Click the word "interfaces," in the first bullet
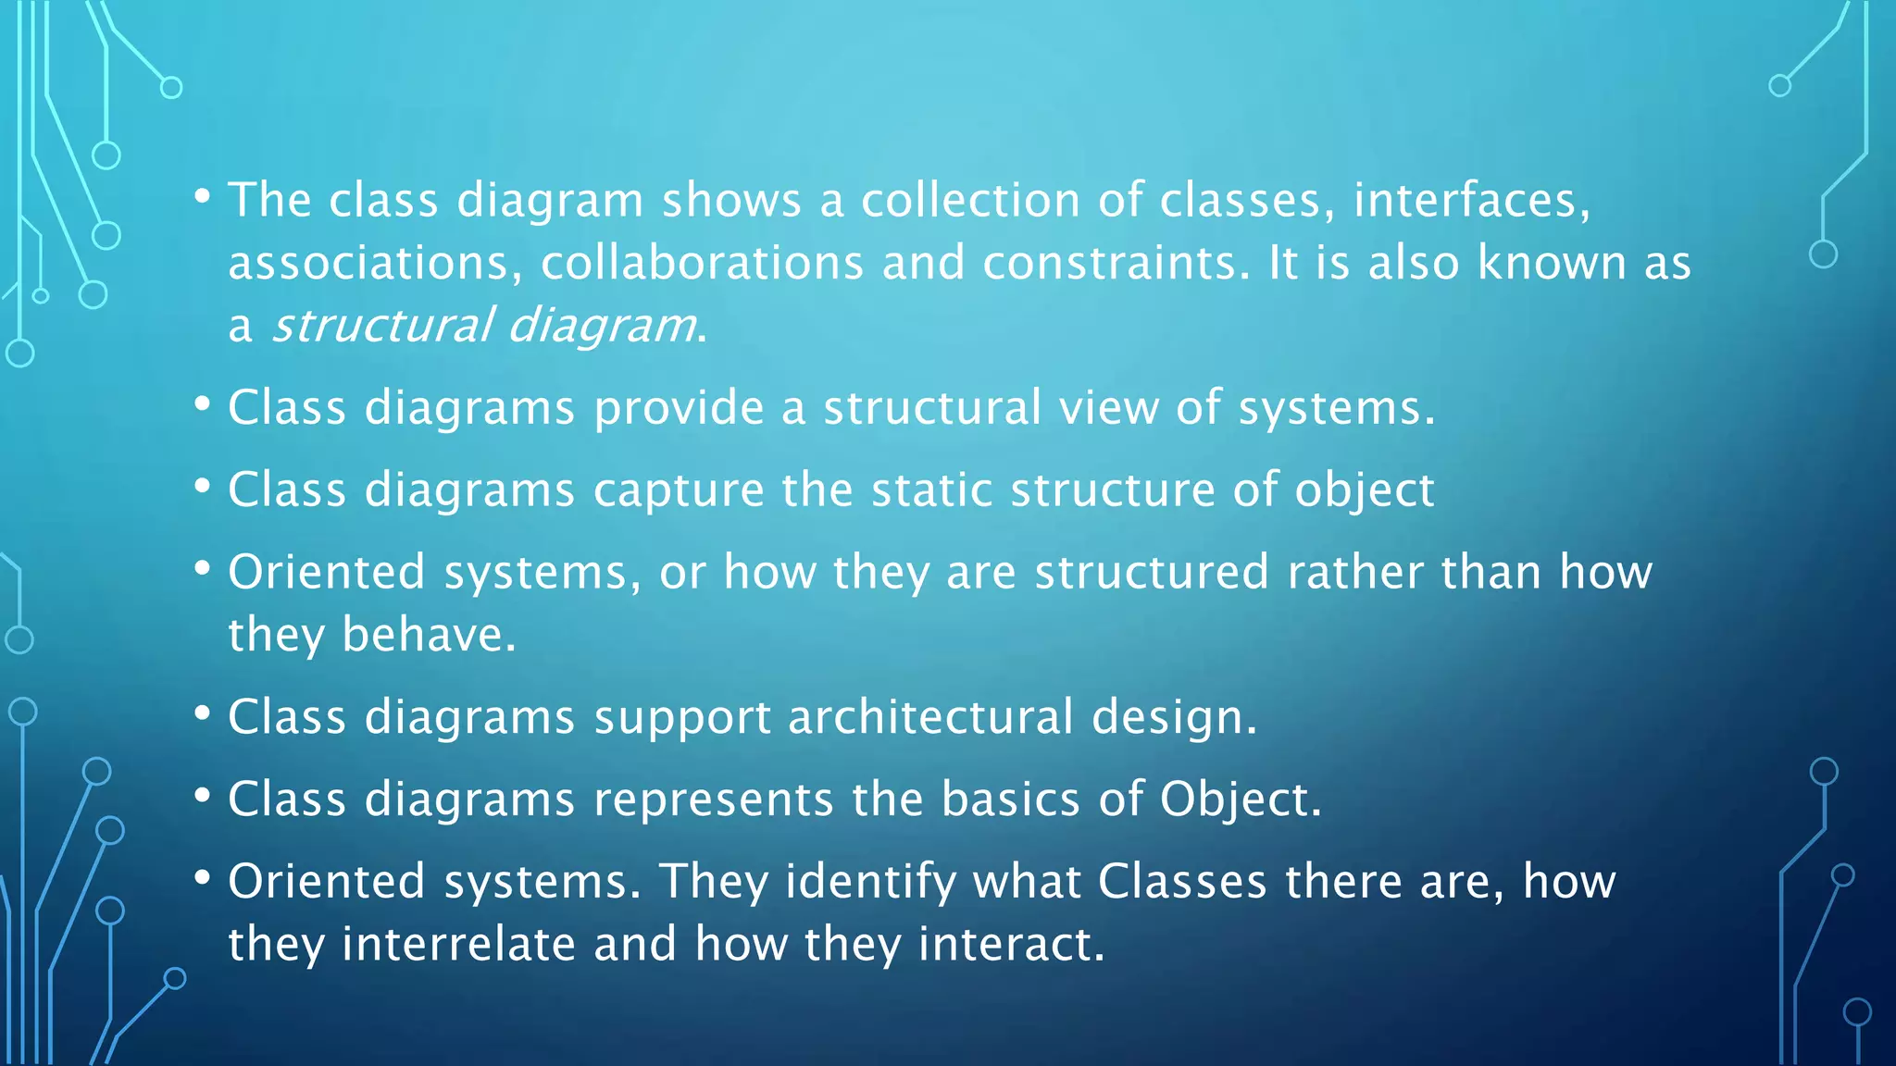tap(1472, 200)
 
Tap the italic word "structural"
tap(381, 326)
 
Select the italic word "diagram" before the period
tap(602, 326)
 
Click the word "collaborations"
tap(702, 263)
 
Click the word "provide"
tap(679, 408)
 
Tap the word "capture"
tap(679, 490)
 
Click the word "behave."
tap(429, 635)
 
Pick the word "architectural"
tap(929, 717)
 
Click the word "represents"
tap(713, 799)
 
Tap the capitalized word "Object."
tap(1241, 799)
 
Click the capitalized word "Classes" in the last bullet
tap(1182, 882)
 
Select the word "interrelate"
tap(458, 945)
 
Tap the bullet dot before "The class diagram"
tap(203, 197)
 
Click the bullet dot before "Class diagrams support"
tap(203, 714)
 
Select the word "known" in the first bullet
tap(1552, 263)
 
